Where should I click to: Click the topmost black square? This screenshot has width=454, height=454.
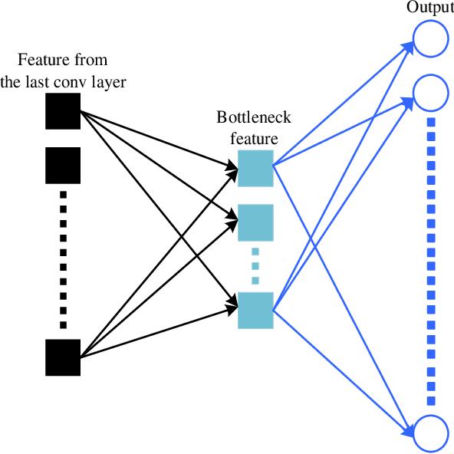coord(63,111)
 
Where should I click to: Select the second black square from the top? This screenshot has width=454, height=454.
coord(63,165)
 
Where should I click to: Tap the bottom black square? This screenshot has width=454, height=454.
coord(63,357)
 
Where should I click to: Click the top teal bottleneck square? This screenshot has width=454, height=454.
coord(255,169)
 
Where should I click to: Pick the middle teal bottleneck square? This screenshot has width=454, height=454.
coord(255,222)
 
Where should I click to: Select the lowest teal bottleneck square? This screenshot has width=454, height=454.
coord(255,311)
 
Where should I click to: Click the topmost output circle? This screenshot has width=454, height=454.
coord(431,38)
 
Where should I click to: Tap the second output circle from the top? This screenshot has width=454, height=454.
coord(431,92)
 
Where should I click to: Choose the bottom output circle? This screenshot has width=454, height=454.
coord(431,433)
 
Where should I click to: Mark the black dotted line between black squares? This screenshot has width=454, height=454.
coord(63,257)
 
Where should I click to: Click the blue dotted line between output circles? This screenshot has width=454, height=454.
coord(431,261)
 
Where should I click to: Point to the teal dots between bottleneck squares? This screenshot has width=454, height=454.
coord(255,265)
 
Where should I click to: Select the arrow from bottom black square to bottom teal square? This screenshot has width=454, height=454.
coord(153,333)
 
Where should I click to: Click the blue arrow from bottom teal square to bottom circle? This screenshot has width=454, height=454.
coord(345,373)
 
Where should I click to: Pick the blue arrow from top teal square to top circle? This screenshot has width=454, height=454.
coord(345,101)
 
